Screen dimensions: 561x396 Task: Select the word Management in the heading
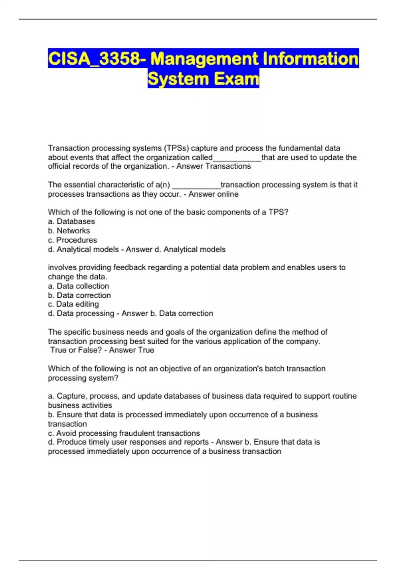[204, 59]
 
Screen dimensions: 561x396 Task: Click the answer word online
[226, 194]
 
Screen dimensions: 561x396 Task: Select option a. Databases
[71, 221]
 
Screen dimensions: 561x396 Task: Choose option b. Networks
[69, 231]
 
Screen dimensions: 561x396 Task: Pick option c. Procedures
[73, 240]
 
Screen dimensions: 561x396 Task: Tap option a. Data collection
[78, 286]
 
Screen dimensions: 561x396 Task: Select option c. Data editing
[73, 304]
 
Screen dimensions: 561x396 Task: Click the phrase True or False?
[76, 350]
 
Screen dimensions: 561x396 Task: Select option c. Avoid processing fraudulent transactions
[124, 433]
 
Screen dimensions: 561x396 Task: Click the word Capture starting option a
[71, 396]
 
